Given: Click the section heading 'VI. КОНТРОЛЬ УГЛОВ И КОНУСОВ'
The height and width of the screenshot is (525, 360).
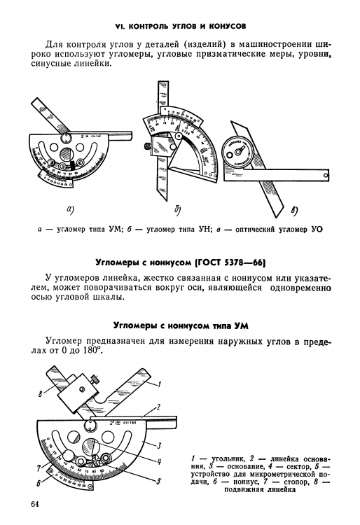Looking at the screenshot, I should tap(180, 26).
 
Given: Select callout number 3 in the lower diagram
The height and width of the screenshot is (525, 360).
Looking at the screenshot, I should tap(160, 444).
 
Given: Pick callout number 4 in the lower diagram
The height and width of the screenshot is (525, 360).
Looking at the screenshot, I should tap(160, 461).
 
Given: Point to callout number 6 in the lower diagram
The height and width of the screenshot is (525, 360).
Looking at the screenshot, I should tap(39, 483).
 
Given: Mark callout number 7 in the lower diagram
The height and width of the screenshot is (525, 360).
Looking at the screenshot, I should tap(39, 467).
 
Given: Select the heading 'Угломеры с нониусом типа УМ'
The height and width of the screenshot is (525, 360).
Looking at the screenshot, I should tap(180, 325).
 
